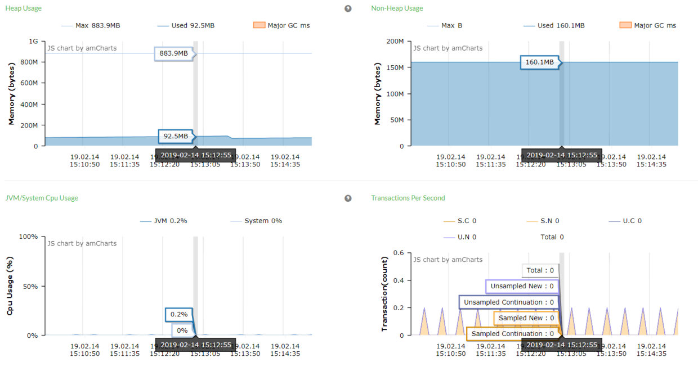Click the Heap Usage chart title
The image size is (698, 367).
tap(23, 8)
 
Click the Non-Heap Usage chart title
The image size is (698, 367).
tap(397, 8)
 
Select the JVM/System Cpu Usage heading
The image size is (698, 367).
tap(42, 198)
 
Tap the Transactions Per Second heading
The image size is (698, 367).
tap(408, 198)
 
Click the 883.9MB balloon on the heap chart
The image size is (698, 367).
tap(173, 53)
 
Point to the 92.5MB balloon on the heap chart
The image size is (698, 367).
tap(175, 136)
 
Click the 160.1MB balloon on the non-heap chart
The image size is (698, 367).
tap(539, 62)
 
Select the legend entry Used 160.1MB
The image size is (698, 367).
tap(554, 25)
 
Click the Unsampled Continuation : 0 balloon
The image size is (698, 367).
tap(508, 302)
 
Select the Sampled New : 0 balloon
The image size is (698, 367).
tap(526, 318)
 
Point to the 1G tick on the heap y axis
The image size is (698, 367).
tap(33, 42)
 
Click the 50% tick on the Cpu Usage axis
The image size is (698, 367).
tap(28, 286)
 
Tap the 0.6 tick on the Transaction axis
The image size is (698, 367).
tap(399, 253)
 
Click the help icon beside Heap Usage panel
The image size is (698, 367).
tap(348, 8)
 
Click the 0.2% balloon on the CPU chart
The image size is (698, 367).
tap(178, 315)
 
